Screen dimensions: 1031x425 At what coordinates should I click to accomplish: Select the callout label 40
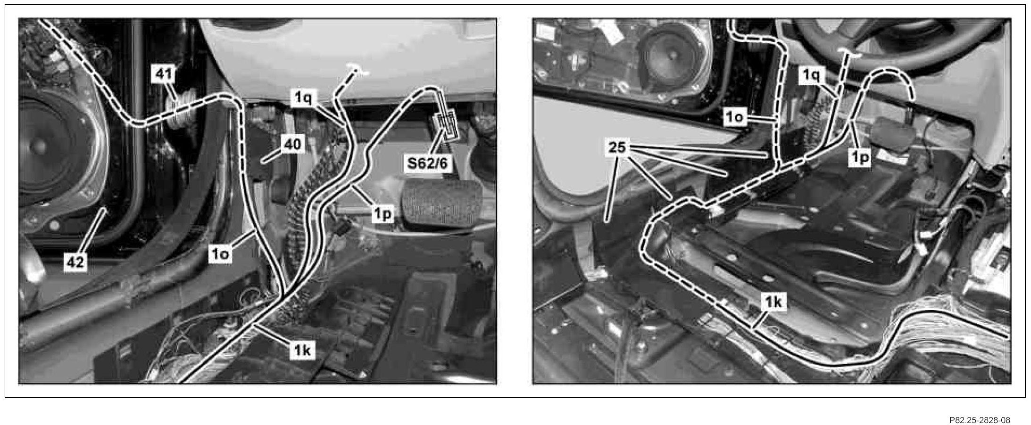pos(292,144)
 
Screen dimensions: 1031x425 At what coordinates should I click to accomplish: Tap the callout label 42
pos(76,262)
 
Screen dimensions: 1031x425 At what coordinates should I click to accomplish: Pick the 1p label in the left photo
pos(382,214)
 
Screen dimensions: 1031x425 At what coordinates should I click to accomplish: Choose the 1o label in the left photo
pos(220,254)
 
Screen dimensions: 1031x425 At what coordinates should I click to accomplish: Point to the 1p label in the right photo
pos(859,158)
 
